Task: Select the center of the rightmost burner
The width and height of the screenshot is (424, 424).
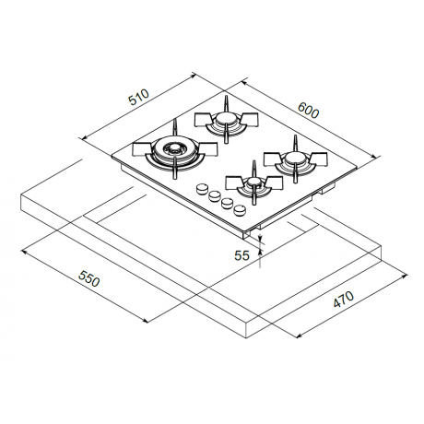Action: (x=292, y=160)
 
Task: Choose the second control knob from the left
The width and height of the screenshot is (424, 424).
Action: (x=207, y=194)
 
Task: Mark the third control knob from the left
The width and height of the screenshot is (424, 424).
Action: (x=218, y=200)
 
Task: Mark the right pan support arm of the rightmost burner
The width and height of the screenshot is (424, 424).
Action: (x=318, y=158)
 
